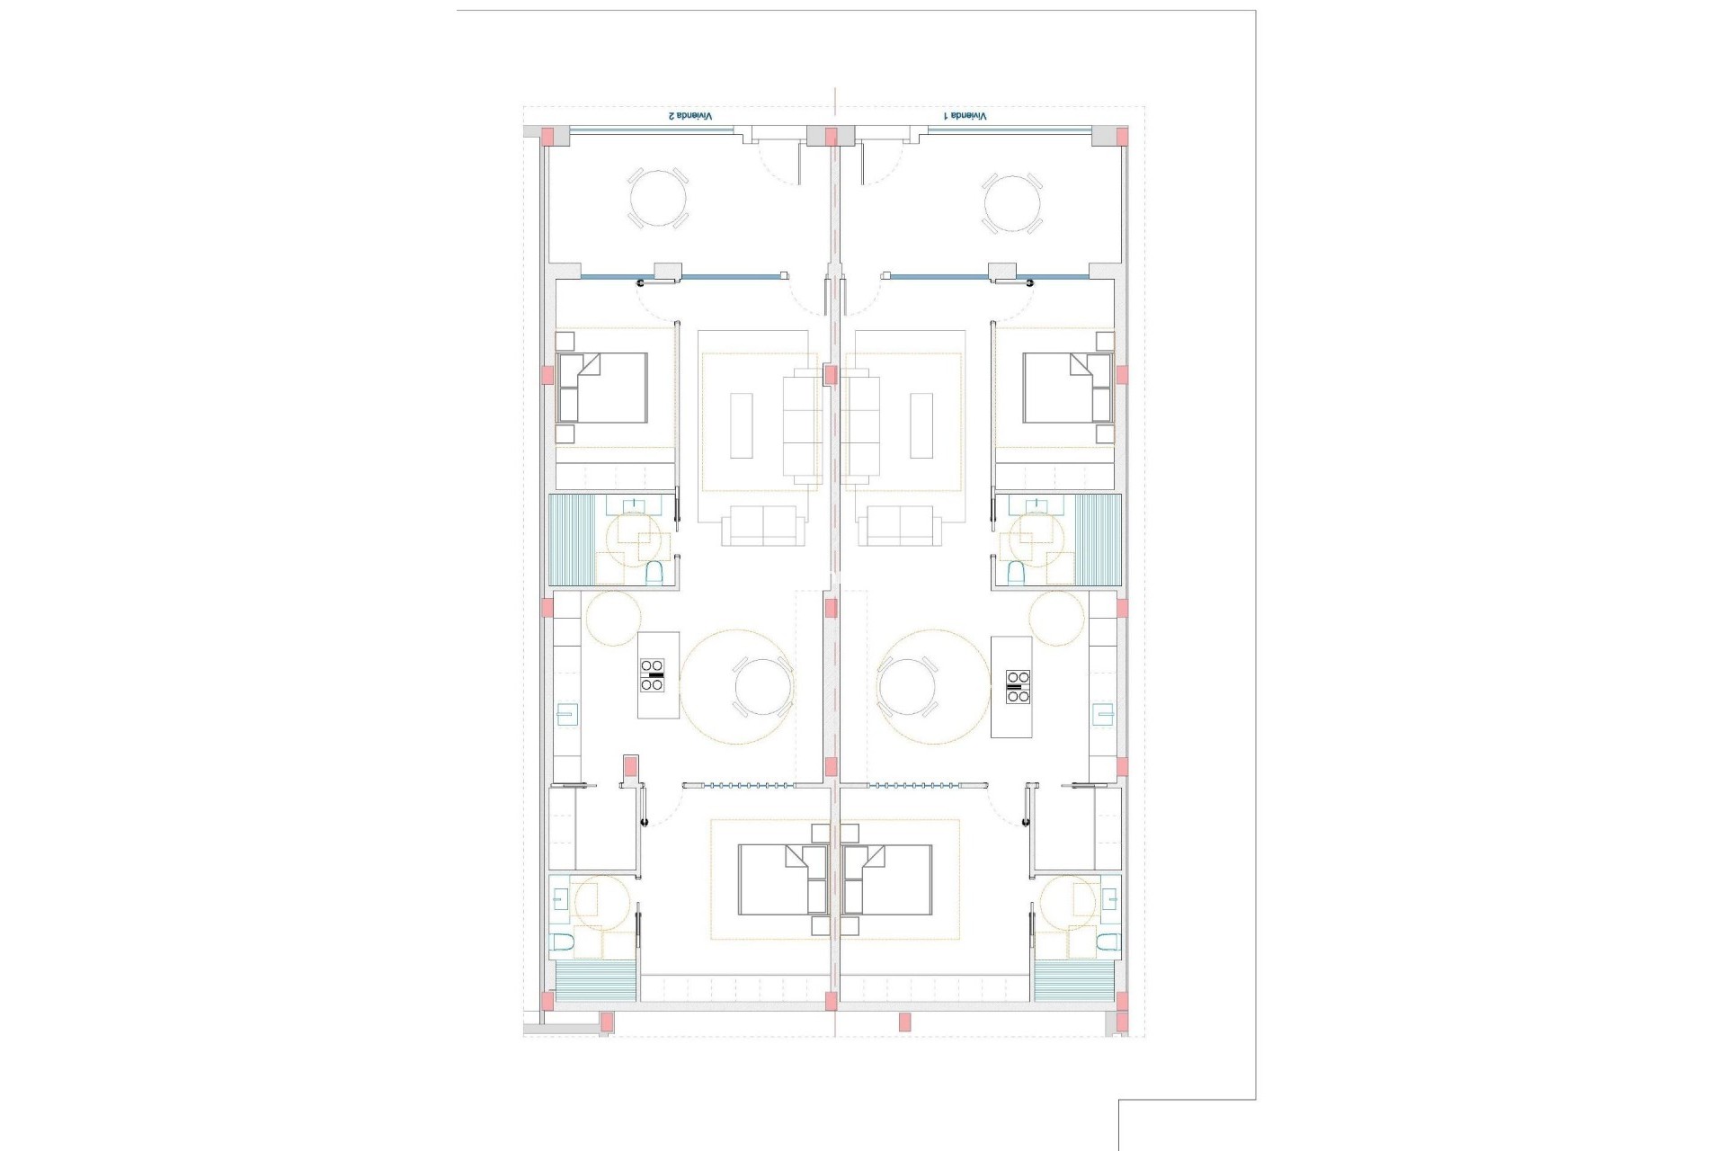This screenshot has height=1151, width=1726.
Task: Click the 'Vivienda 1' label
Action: (x=964, y=117)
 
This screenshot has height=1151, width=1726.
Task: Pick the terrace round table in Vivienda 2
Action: (x=657, y=200)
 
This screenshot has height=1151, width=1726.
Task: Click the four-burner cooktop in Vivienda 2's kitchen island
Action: (x=653, y=675)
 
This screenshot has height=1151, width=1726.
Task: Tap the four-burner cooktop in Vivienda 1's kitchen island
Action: (x=1018, y=686)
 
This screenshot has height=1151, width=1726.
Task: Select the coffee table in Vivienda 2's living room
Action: (x=741, y=425)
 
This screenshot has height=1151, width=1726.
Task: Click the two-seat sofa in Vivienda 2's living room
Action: (x=763, y=525)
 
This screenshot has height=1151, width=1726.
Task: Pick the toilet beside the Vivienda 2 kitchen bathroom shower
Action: (x=654, y=571)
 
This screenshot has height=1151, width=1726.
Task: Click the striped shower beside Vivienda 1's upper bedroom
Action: (x=1099, y=540)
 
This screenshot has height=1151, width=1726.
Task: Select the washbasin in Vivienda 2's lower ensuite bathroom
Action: (x=560, y=923)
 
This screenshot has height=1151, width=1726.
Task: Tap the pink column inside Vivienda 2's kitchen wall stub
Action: (x=630, y=770)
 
